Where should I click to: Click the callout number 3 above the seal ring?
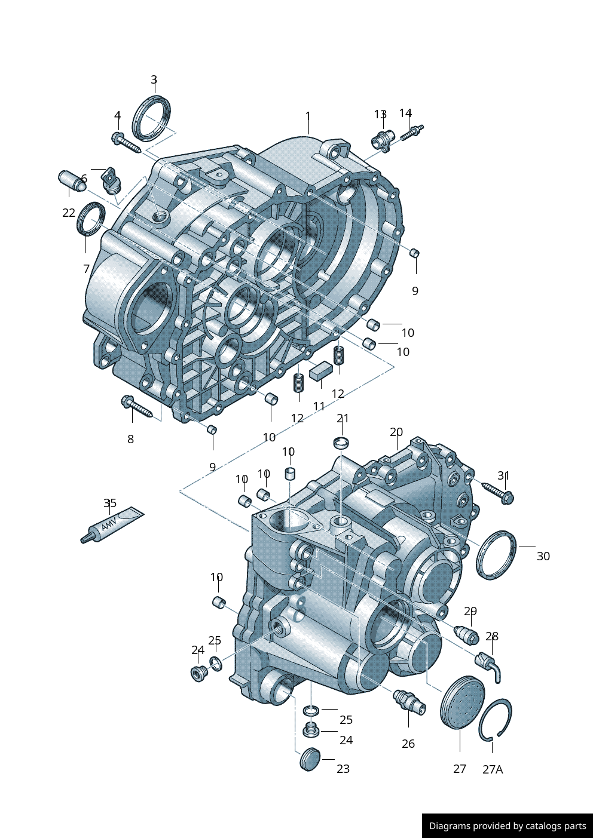154,79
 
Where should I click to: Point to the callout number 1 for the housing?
308,116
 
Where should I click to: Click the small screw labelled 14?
412,133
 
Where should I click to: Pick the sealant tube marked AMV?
112,524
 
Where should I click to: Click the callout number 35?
109,503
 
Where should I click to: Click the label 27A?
493,769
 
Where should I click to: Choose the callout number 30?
543,556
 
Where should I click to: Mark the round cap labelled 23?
310,759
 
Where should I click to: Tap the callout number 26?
408,744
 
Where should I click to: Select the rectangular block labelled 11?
321,370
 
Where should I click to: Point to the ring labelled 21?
342,443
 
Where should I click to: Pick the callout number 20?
396,432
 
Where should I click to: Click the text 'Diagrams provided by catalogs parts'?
508,825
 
